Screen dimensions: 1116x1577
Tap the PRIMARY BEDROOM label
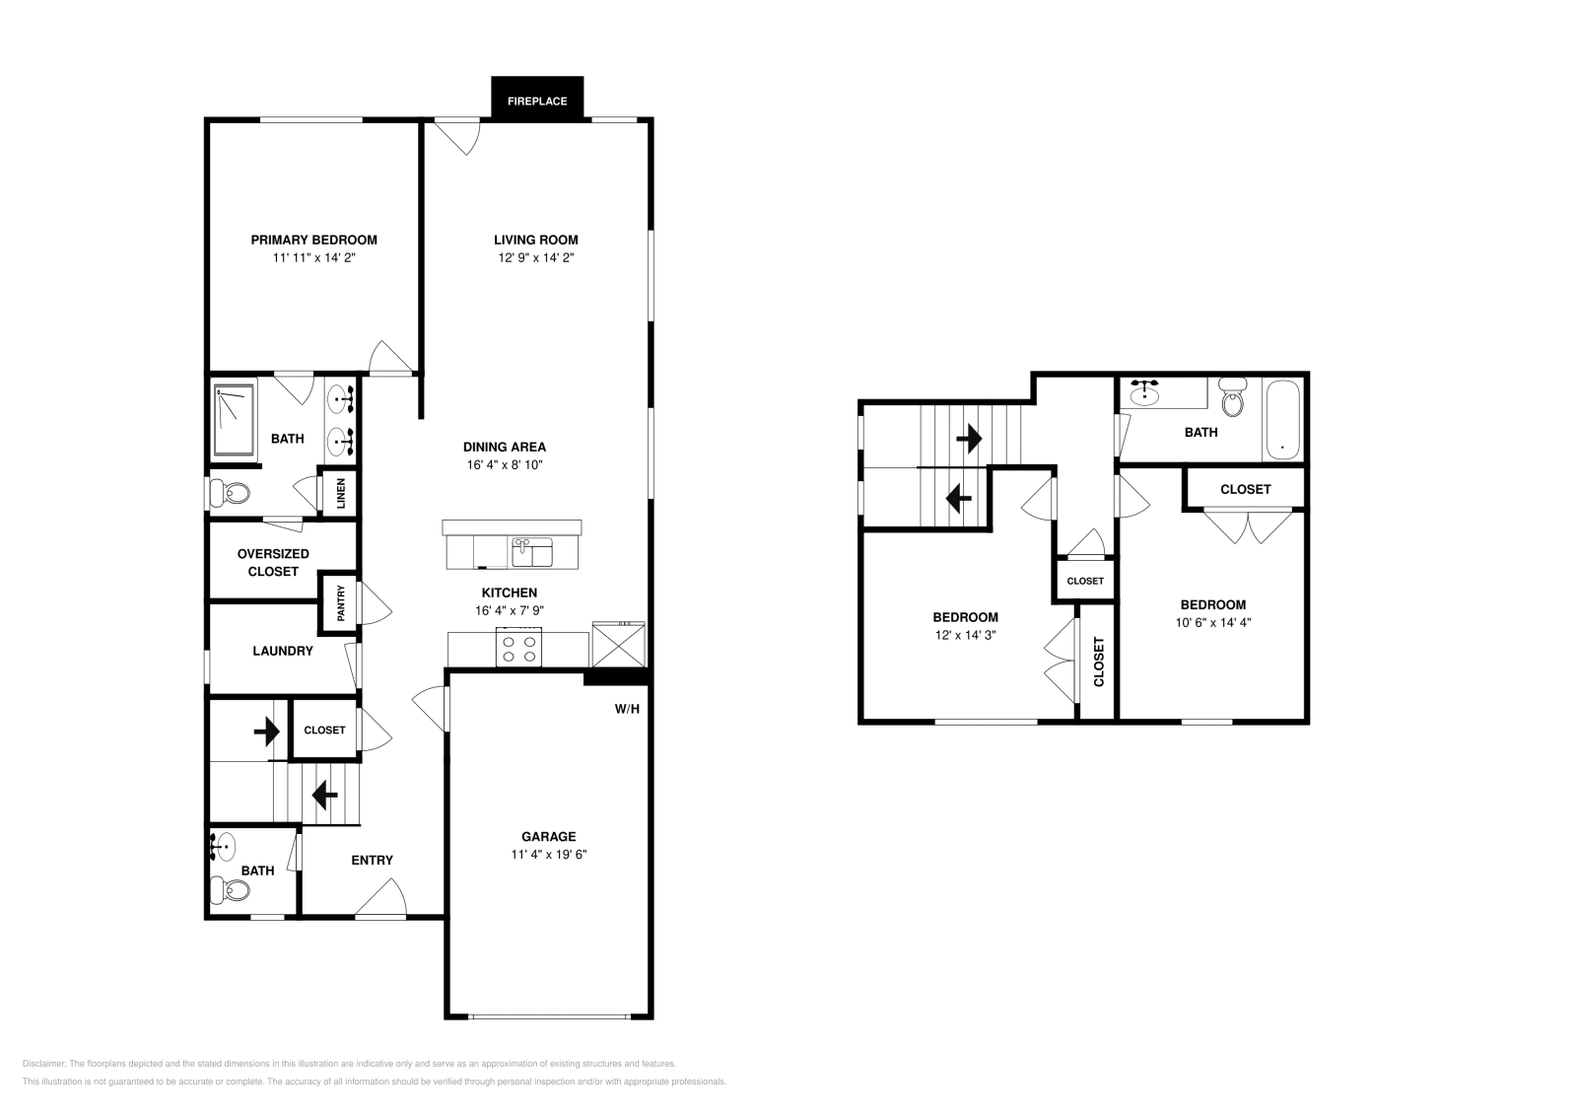point(313,240)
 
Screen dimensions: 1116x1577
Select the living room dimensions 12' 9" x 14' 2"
point(535,257)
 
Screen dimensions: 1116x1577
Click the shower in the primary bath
point(233,420)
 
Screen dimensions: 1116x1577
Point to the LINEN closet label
point(341,493)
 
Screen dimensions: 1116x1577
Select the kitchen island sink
point(532,552)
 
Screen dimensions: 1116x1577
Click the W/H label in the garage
point(627,708)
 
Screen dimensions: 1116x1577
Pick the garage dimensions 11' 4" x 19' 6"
point(548,855)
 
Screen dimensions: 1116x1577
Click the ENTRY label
point(372,860)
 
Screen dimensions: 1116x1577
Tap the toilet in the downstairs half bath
point(233,890)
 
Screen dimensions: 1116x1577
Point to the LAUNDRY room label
point(282,651)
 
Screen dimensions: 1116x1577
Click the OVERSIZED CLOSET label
point(273,562)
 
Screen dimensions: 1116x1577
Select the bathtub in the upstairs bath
point(1281,420)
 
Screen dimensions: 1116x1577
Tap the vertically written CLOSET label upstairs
point(1098,662)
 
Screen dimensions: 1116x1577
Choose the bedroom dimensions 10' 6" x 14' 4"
point(1212,622)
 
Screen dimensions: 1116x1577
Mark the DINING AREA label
point(504,447)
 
